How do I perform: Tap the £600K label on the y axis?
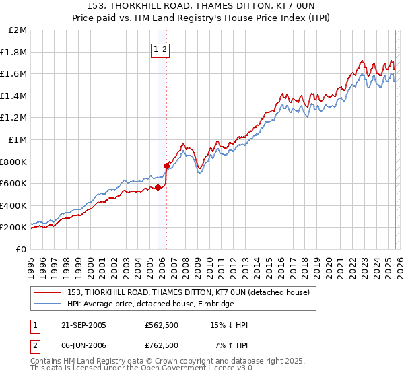point(14,184)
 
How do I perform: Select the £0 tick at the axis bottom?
point(22,249)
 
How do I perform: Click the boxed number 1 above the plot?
point(156,49)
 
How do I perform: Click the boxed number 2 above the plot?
point(164,49)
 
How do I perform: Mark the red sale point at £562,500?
point(158,188)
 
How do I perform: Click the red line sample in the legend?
point(48,293)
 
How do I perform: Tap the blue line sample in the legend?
point(48,304)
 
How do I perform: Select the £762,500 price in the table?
point(162,345)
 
